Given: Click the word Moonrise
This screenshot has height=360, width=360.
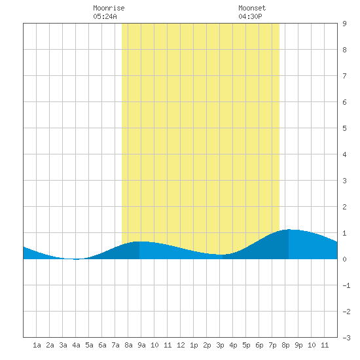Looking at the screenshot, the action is tap(109, 8).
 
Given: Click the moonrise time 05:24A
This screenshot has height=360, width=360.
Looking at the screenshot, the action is tap(105, 16).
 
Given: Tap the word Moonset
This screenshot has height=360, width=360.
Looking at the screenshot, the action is tap(252, 8).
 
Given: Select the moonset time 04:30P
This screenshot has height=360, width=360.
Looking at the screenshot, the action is tap(250, 16).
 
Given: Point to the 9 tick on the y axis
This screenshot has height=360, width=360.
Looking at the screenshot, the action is tap(344, 24).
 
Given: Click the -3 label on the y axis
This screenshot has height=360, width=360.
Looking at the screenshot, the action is tap(346, 338).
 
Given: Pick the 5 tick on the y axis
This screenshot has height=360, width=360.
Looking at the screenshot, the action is tap(344, 128).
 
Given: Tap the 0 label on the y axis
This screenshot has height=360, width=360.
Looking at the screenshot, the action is tap(344, 259).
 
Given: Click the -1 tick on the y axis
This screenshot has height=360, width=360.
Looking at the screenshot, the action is tap(346, 285).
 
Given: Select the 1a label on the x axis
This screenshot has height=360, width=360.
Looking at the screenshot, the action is tap(37, 345).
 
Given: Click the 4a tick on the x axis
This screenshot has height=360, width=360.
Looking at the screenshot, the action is tap(76, 345).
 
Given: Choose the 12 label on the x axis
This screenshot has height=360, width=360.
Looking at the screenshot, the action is tap(181, 345).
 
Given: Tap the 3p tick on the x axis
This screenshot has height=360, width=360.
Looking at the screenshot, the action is tap(220, 345).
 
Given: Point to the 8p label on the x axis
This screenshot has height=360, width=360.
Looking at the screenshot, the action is tap(285, 345).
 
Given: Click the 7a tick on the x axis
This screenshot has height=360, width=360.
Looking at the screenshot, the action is tap(115, 345).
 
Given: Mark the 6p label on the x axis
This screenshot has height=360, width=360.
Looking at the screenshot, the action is tap(259, 345).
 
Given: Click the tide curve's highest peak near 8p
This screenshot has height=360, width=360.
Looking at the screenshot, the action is tap(289, 229).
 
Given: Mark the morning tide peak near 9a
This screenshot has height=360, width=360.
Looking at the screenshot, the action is tap(139, 242).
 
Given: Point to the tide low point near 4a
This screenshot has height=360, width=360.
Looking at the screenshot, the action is tap(76, 259).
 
